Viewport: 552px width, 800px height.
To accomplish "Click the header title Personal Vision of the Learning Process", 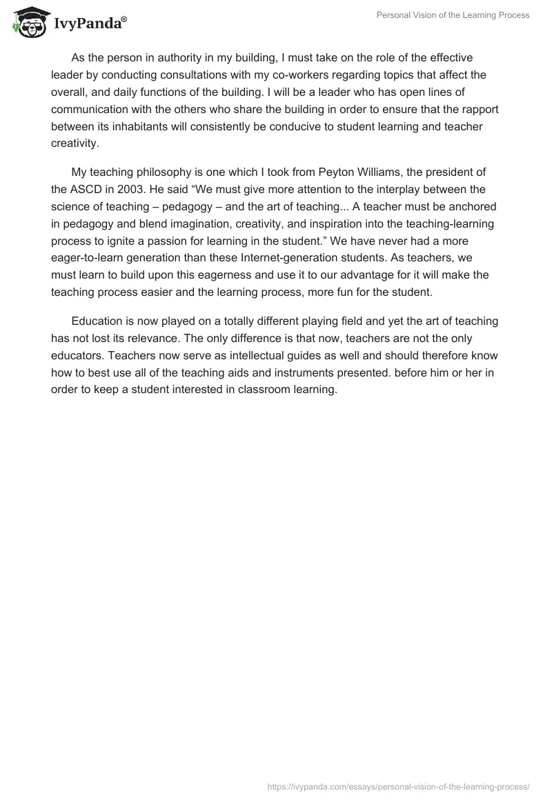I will coord(453,15).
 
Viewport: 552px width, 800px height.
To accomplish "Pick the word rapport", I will coord(479,110).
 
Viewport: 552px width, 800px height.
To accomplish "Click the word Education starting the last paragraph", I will coord(98,321).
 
